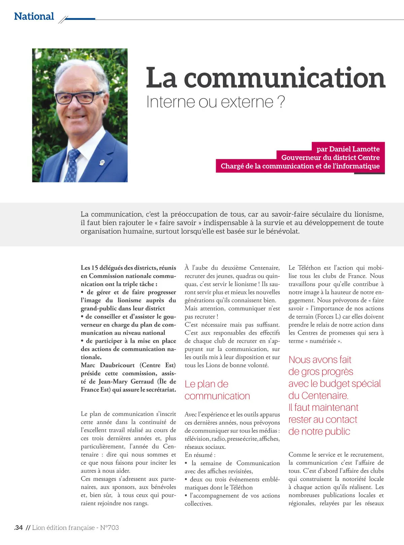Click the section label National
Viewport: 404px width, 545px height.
pos(34,16)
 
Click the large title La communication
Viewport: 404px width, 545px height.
pos(265,78)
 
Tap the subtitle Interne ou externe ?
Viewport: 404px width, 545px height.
pos(215,102)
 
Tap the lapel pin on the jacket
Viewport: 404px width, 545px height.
pos(102,163)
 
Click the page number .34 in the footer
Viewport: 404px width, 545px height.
pos(19,528)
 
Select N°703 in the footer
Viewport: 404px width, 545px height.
pos(109,528)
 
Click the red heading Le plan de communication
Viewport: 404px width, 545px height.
pos(217,390)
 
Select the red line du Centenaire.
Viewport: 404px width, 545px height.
pos(318,395)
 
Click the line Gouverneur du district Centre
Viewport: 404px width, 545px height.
pos(330,158)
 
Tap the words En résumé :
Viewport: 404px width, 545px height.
pos(200,455)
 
